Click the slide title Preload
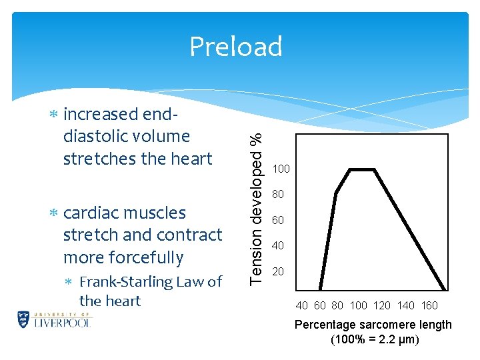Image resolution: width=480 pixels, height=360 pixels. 236,47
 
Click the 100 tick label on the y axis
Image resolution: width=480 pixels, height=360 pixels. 281,169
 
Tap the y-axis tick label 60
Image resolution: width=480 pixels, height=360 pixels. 279,221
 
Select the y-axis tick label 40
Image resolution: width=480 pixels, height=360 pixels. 279,246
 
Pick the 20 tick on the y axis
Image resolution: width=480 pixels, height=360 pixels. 279,272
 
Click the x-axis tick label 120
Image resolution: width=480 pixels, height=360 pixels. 382,305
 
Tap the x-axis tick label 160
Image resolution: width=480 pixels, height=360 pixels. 429,305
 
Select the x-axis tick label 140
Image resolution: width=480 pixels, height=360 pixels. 405,305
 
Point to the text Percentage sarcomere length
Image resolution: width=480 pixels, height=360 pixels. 373,325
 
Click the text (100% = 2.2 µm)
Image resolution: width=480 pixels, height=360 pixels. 375,339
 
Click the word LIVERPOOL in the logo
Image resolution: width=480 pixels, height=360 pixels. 61,322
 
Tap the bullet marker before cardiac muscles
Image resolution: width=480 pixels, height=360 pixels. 55,213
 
